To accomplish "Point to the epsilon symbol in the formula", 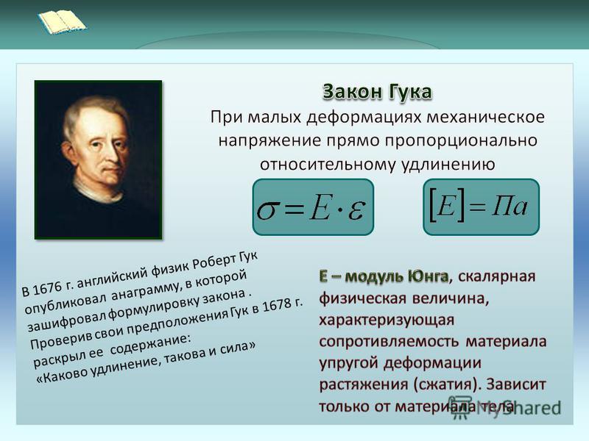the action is coord(356,210).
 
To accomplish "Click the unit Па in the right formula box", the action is coord(509,206).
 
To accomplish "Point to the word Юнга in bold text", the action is coord(428,276).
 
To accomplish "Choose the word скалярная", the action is coord(497,276).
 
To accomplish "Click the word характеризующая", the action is coord(387,320).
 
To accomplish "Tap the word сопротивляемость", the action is coord(389,342).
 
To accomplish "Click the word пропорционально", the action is coord(461,140).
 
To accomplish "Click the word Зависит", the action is coord(516,384).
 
